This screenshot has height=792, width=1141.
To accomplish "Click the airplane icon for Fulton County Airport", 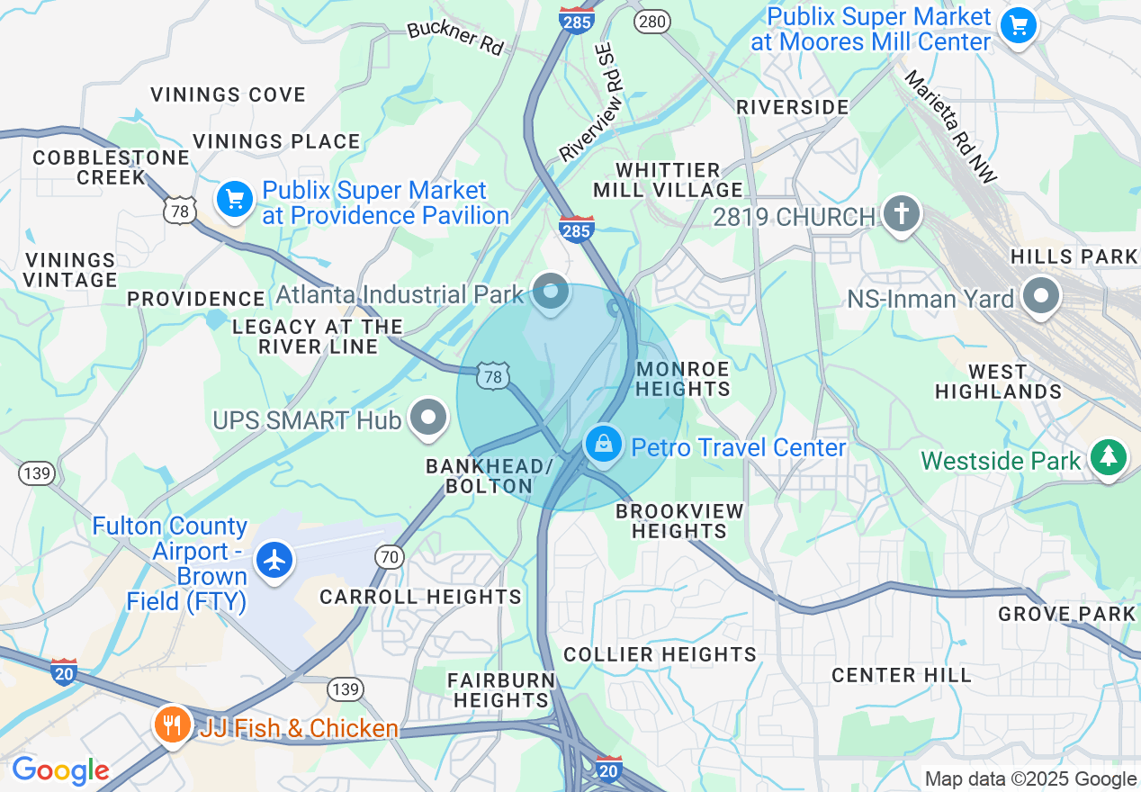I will coord(275,560).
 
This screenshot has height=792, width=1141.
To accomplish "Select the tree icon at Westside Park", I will coord(1109,457).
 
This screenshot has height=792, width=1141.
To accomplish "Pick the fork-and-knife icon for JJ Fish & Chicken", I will coord(171,724).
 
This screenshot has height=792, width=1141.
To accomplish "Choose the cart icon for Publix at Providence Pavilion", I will coord(235,198).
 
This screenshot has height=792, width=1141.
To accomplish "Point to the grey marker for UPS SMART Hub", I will coord(429,418).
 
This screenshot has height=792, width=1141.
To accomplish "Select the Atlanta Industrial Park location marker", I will coord(551,292).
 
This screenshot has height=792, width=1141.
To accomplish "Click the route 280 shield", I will coord(651,22).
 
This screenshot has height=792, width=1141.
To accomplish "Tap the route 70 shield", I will coord(389,558).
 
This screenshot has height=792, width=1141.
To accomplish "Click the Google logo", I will coord(59,770).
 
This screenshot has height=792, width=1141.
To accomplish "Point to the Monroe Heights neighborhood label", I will coord(682,379).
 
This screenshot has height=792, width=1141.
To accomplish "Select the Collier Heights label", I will coord(660,654).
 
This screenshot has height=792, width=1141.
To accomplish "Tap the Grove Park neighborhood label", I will coord(1067,614).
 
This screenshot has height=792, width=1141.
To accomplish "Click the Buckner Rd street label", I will coord(455,37).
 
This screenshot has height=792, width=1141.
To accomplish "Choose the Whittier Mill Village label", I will coord(668,180).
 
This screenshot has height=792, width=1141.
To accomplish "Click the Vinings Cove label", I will coord(228,94).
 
